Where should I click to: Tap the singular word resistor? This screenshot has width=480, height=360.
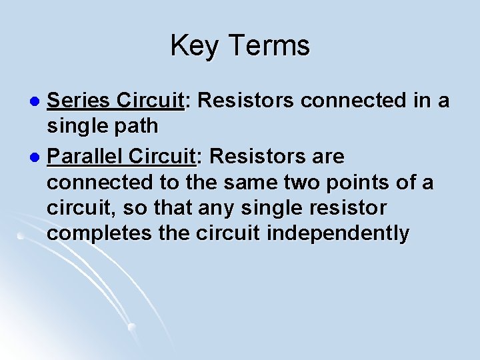pyautogui.click(x=347, y=208)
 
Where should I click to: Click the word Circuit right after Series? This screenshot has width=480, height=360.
pyautogui.click(x=148, y=101)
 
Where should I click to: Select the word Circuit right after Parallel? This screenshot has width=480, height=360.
pyautogui.click(x=163, y=157)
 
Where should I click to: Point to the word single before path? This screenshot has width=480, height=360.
pyautogui.click(x=78, y=126)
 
